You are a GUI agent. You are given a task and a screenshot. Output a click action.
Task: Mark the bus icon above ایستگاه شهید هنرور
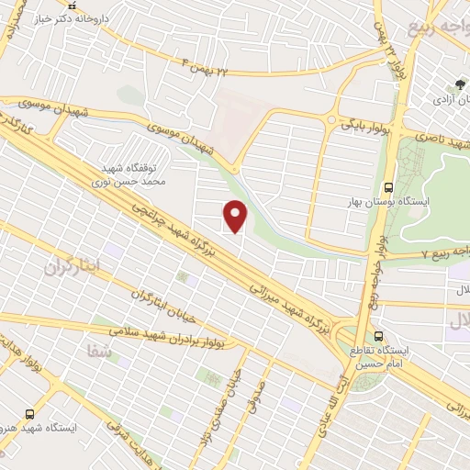tap(30, 414)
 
